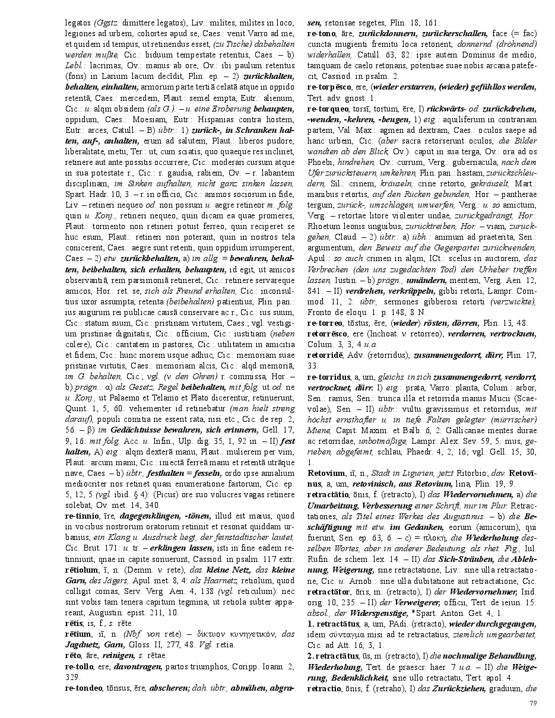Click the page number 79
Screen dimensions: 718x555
(x=532, y=703)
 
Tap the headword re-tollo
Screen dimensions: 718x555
(x=78, y=666)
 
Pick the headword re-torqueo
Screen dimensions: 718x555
(x=328, y=109)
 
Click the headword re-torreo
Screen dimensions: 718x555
(x=325, y=322)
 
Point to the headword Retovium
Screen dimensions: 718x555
(x=326, y=473)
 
